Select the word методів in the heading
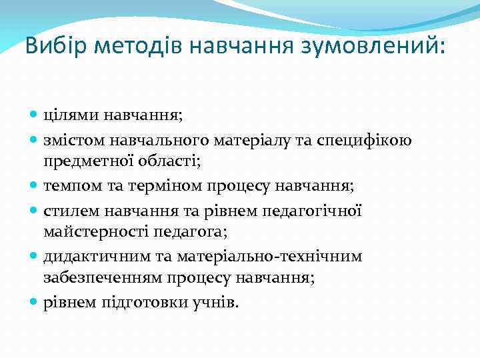138,47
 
